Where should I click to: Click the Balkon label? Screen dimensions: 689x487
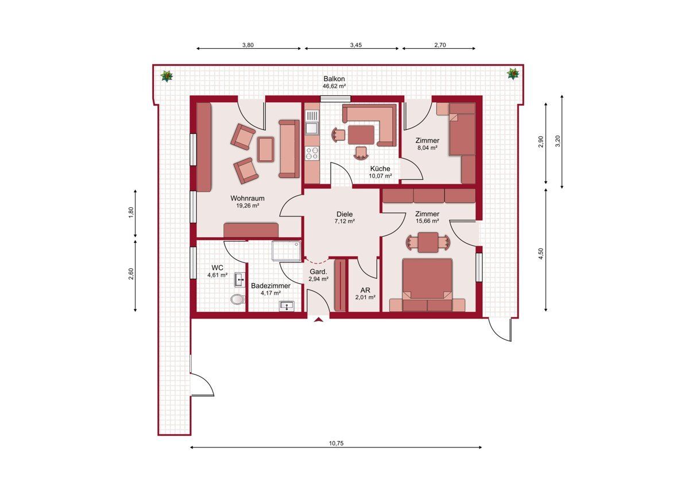(334, 79)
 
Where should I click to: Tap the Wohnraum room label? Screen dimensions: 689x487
(247, 199)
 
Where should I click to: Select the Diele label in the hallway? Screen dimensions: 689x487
(344, 214)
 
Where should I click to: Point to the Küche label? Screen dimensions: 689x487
(380, 169)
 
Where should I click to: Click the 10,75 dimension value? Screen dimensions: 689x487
(336, 443)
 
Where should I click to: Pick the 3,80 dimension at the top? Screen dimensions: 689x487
(248, 45)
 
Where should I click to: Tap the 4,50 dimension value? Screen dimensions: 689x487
(541, 254)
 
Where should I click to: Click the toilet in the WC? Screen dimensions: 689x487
(238, 299)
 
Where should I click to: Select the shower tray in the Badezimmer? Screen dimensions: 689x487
(287, 251)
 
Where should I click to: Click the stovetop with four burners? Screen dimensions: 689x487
(312, 153)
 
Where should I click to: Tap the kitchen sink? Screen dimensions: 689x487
(312, 123)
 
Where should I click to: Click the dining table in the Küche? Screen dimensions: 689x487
(361, 135)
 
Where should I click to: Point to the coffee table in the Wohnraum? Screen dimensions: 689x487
(265, 149)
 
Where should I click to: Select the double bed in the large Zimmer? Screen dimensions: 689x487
(427, 279)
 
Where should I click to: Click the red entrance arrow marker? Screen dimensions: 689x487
(318, 320)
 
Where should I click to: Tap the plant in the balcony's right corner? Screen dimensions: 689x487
(513, 74)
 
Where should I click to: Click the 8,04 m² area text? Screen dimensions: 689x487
(427, 148)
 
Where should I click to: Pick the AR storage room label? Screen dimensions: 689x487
(365, 291)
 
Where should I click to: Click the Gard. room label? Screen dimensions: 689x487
(318, 272)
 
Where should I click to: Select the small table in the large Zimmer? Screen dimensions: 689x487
(428, 242)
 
